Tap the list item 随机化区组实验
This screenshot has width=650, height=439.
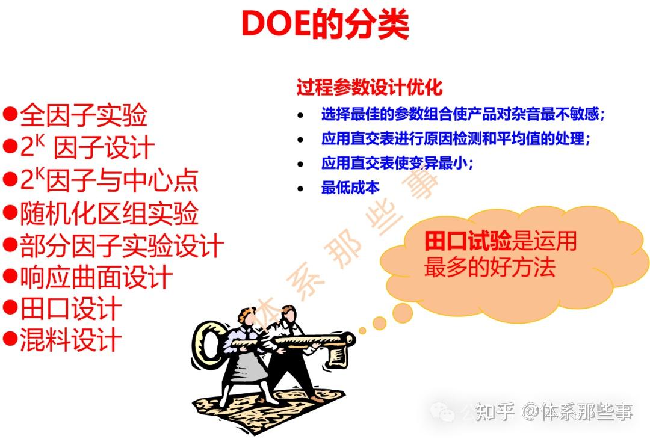pyautogui.click(x=109, y=213)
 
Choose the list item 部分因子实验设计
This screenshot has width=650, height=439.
pyautogui.click(x=122, y=245)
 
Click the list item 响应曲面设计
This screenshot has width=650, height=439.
pyautogui.click(x=96, y=278)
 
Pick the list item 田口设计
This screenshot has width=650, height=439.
pyautogui.click(x=71, y=310)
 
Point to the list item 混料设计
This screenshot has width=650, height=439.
pyautogui.click(x=71, y=341)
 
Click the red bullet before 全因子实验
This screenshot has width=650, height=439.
pyautogui.click(x=10, y=114)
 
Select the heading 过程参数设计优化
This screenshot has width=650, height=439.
pyautogui.click(x=370, y=88)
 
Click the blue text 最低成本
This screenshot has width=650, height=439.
pyautogui.click(x=350, y=188)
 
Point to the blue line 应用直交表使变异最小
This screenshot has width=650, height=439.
pyautogui.click(x=398, y=163)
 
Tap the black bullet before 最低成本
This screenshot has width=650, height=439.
pyautogui.click(x=301, y=188)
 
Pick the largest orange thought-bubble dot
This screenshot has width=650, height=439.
pyautogui.click(x=402, y=312)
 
